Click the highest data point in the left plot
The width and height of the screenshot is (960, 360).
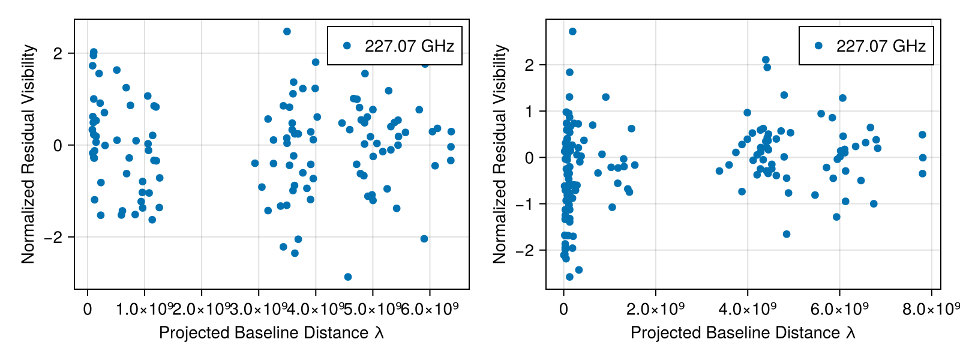pyautogui.click(x=287, y=31)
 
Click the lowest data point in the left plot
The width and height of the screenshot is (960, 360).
pyautogui.click(x=348, y=277)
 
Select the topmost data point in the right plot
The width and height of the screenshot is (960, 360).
pyautogui.click(x=572, y=31)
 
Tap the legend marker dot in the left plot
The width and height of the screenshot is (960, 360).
pyautogui.click(x=346, y=46)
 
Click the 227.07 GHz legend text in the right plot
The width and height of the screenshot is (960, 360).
pyautogui.click(x=881, y=46)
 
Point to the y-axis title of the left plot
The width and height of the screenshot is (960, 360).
pyautogui.click(x=28, y=154)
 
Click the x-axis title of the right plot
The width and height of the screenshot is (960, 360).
pyautogui.click(x=743, y=332)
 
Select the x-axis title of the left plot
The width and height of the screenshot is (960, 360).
pyautogui.click(x=271, y=332)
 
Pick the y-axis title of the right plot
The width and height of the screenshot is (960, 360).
pyautogui.click(x=500, y=154)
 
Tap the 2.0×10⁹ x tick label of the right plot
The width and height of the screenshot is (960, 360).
pyautogui.click(x=655, y=309)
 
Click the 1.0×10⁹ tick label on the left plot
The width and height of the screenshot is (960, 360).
pyautogui.click(x=145, y=309)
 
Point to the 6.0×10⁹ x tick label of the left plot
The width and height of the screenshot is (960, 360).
pyautogui.click(x=430, y=309)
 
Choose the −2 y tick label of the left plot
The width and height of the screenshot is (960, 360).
pyautogui.click(x=56, y=238)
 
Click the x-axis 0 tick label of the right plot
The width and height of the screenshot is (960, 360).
pyautogui.click(x=563, y=309)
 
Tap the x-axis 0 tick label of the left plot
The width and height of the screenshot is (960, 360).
pyautogui.click(x=88, y=309)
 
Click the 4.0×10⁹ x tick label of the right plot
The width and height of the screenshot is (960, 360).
pyautogui.click(x=748, y=309)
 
